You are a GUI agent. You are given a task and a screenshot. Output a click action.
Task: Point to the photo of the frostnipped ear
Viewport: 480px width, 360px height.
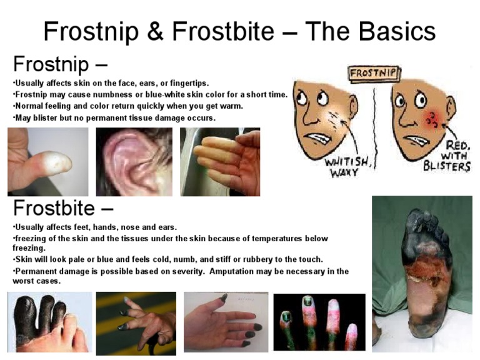click(134, 162)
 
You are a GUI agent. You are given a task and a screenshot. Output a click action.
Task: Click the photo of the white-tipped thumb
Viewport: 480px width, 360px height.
click(47, 162)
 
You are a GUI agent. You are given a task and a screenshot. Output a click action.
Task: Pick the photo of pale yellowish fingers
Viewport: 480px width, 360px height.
click(219, 162)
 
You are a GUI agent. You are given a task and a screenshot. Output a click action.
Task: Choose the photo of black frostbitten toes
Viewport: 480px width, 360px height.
click(47, 322)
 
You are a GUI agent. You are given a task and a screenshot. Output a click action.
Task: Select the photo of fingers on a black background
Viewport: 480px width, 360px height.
click(319, 322)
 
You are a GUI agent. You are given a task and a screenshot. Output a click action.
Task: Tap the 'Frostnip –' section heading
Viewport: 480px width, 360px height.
click(60, 64)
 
